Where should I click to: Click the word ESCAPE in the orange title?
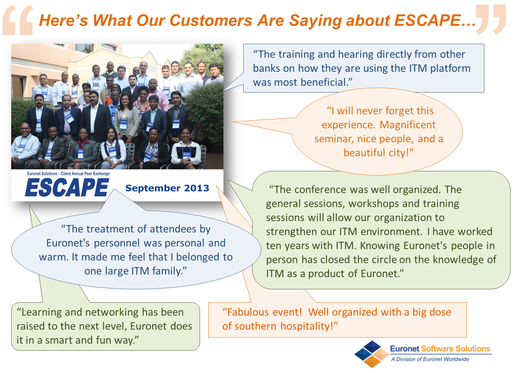tap(428, 20)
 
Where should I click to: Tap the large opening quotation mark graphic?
tap(18, 20)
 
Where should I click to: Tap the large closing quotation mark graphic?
tap(491, 20)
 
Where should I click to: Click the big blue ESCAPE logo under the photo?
tap(67, 188)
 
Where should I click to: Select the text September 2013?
tap(167, 188)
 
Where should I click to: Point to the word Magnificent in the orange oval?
tap(408, 125)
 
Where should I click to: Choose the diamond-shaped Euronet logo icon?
tap(372, 354)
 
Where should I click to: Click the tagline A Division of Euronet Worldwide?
tap(430, 359)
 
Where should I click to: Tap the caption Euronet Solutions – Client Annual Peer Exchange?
tap(68, 173)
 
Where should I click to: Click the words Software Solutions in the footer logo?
tap(456, 349)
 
